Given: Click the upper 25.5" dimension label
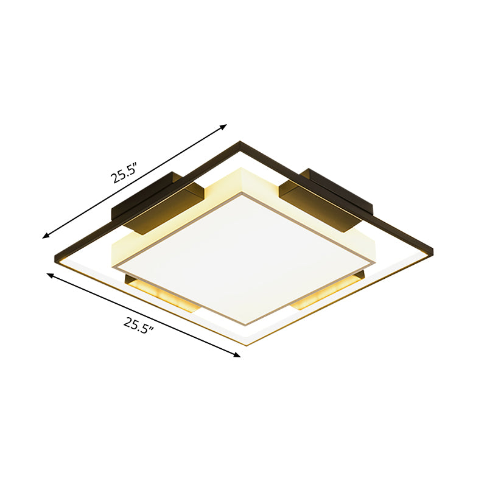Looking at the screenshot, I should click(x=124, y=173).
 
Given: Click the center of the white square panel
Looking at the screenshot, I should click(x=243, y=254).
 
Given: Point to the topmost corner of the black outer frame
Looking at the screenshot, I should click(x=239, y=143).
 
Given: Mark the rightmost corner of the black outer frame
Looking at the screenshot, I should click(x=432, y=250).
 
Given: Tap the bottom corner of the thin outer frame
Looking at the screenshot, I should click(x=247, y=345).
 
